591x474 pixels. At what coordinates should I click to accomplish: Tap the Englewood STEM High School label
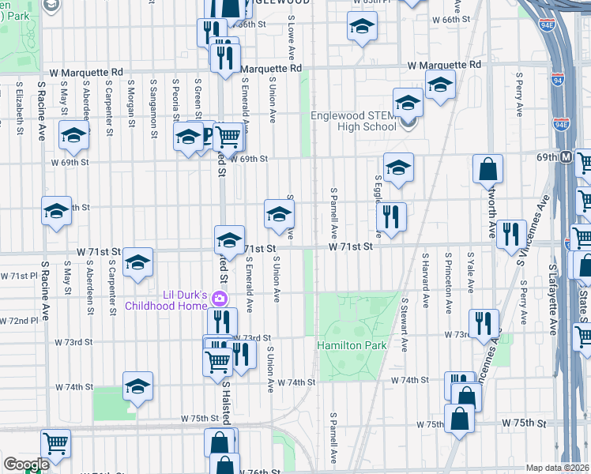click(353, 121)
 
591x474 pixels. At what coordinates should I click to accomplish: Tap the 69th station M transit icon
click(567, 157)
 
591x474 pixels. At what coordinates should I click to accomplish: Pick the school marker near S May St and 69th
click(73, 136)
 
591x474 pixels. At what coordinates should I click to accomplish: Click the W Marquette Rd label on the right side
click(444, 65)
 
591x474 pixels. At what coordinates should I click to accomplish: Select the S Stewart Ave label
click(405, 324)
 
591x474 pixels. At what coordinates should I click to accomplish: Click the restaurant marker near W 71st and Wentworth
click(511, 233)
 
